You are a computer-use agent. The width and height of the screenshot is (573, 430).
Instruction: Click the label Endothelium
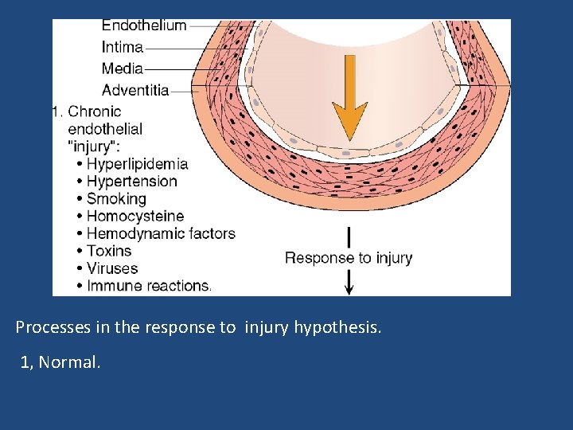click(x=144, y=25)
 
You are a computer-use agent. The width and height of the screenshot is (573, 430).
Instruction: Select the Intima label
click(x=123, y=47)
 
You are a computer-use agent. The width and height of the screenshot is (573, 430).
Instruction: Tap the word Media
click(x=123, y=68)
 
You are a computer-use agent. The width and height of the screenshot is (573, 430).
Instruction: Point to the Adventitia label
click(x=135, y=90)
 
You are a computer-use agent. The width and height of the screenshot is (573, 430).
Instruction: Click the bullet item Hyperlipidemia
click(x=137, y=164)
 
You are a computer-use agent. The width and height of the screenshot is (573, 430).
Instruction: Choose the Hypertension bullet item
click(x=132, y=182)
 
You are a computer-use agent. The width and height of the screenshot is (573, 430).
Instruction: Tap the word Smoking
click(x=116, y=199)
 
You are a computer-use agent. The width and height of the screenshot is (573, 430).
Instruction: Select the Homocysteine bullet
click(x=134, y=217)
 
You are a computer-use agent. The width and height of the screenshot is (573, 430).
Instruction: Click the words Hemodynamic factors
click(x=161, y=234)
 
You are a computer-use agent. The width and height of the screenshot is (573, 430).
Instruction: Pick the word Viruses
click(x=112, y=269)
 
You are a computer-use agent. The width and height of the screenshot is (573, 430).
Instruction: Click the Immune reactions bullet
click(x=149, y=286)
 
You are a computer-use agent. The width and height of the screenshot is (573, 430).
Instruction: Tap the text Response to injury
click(x=349, y=258)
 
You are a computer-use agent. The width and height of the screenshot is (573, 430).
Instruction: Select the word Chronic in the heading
click(x=95, y=111)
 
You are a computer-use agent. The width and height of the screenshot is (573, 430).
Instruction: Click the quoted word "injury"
click(x=94, y=147)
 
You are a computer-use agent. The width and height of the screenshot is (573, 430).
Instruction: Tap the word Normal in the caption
click(x=70, y=363)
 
